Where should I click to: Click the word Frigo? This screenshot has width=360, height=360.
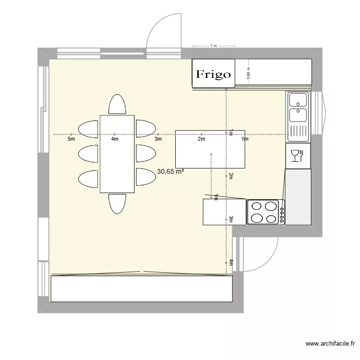213,74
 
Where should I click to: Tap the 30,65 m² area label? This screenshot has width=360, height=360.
170,171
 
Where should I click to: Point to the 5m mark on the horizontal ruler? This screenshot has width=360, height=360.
71,139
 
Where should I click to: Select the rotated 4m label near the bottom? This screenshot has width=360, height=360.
230,262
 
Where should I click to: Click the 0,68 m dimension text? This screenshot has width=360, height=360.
248,72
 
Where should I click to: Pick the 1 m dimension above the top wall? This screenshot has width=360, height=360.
214,46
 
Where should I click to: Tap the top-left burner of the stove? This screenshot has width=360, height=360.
257,207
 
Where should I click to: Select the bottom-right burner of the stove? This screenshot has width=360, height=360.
271,218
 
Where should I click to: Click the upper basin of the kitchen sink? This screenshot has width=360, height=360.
298,100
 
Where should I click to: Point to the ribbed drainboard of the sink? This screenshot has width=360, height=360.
298,131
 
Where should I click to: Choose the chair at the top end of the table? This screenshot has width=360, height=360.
117,105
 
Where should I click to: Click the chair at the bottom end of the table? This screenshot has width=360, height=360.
117,204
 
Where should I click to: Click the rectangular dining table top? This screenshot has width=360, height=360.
117,154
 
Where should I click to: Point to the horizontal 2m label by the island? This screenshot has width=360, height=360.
201,139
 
